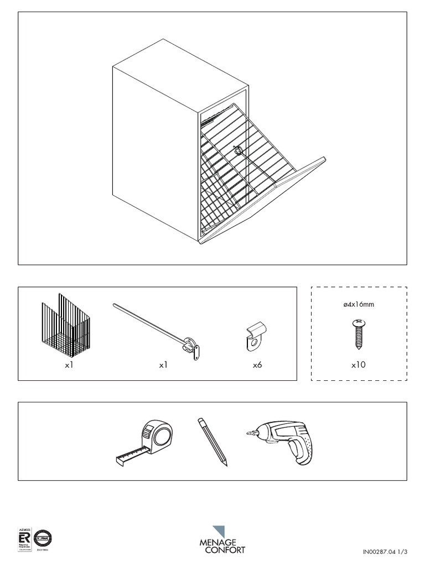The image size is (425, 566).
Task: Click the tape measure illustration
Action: (147, 442)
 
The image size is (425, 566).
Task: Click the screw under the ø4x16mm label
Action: (358, 334)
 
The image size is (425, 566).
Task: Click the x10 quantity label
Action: (358, 365)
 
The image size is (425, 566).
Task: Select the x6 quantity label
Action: (257, 365)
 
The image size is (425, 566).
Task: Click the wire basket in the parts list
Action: (65, 327)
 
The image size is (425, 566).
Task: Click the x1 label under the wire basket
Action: (69, 365)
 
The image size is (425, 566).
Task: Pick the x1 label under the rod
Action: (163, 365)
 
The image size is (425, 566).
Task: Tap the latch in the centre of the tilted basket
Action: (239, 150)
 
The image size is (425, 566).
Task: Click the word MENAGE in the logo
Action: (217, 542)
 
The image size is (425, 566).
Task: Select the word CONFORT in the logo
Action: (225, 550)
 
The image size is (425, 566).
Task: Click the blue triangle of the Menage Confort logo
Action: (220, 531)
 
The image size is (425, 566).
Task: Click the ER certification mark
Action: (24, 538)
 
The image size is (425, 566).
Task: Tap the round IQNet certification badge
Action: (43, 538)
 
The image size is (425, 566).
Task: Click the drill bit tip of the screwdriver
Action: (249, 434)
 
